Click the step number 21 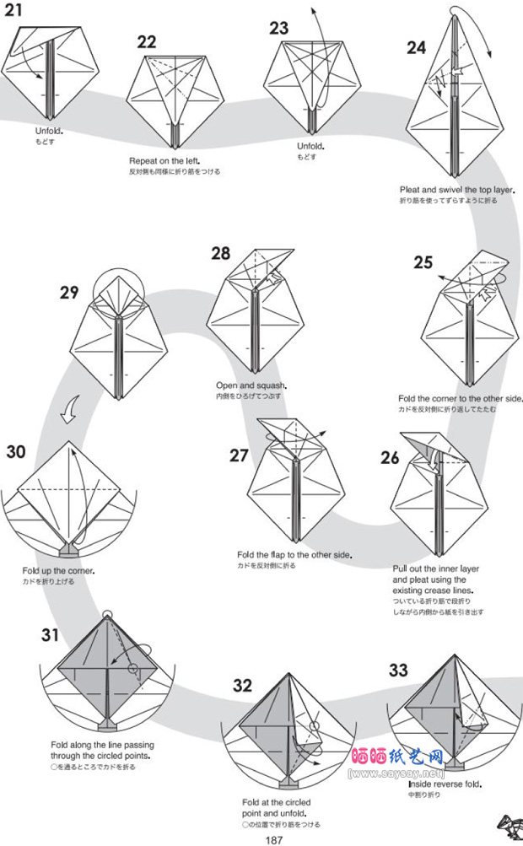point(13,10)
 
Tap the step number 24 point(416,48)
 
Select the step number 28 point(220,254)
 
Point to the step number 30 point(16,452)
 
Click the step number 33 point(398,671)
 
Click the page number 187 point(273,838)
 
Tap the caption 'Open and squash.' point(245,385)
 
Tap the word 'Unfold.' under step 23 point(310,146)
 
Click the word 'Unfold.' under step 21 point(49,132)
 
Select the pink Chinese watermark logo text point(396,756)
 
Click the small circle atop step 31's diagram point(107,612)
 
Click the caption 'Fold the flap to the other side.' point(294,555)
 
